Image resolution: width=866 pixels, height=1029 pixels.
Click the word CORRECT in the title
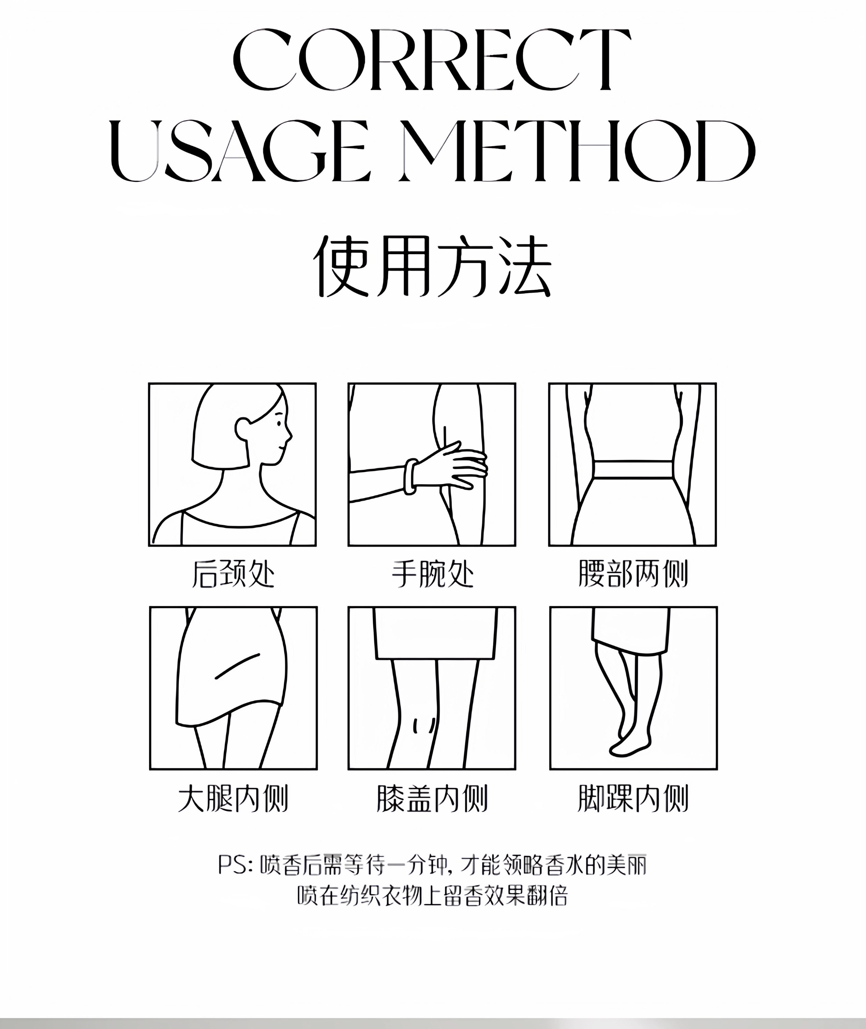tap(432, 60)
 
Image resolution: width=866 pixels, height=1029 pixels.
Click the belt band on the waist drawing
tap(633, 469)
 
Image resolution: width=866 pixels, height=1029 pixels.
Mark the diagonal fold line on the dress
tap(237, 666)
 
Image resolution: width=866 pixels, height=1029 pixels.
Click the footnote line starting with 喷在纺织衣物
tap(432, 896)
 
